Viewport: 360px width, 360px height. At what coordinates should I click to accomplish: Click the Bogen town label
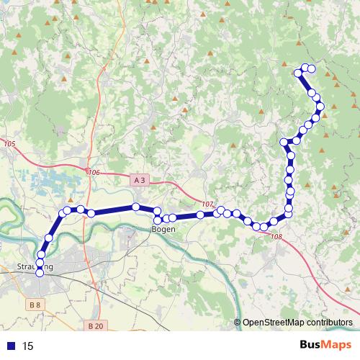tap(163, 229)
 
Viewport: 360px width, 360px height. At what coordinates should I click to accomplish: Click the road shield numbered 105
tap(9, 145)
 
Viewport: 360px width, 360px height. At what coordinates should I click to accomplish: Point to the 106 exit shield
tap(94, 173)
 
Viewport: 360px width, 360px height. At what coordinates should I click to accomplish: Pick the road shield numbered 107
tap(208, 204)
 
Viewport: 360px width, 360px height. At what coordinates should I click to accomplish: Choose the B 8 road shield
tap(36, 305)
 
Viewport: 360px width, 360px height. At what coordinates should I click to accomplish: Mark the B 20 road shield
tap(95, 326)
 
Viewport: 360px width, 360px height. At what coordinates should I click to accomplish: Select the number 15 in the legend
tap(29, 346)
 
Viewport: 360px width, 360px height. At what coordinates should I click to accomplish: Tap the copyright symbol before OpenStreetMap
tap(237, 322)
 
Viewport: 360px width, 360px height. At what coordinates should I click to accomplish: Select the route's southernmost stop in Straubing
tap(39, 272)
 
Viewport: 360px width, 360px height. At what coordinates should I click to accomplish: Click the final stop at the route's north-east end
tap(312, 68)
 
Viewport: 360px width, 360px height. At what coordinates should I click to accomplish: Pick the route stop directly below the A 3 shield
tap(135, 207)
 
